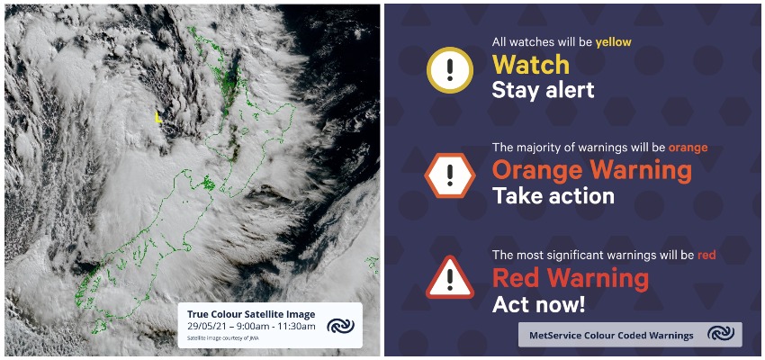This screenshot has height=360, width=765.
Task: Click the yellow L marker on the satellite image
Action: tap(157, 117)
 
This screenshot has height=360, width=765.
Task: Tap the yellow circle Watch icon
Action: tap(449, 70)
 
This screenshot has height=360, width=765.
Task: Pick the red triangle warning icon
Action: tap(449, 278)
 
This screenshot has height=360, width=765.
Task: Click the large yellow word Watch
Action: tap(531, 65)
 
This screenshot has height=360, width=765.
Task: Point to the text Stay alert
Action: tap(543, 90)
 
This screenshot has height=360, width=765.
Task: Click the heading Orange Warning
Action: tap(592, 170)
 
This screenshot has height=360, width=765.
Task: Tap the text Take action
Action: tap(553, 196)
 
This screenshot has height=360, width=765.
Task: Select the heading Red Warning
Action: tap(571, 278)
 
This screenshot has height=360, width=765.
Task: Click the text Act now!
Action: tap(538, 304)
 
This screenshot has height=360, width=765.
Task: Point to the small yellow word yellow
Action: tap(613, 43)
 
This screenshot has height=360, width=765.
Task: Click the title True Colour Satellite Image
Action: tap(251, 314)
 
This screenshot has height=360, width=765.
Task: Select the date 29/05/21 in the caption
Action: tap(204, 327)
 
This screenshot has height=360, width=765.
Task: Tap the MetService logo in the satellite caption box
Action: tap(340, 326)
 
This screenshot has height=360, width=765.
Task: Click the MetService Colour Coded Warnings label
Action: tap(611, 336)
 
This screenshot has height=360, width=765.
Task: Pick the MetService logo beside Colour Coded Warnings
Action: tap(721, 334)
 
